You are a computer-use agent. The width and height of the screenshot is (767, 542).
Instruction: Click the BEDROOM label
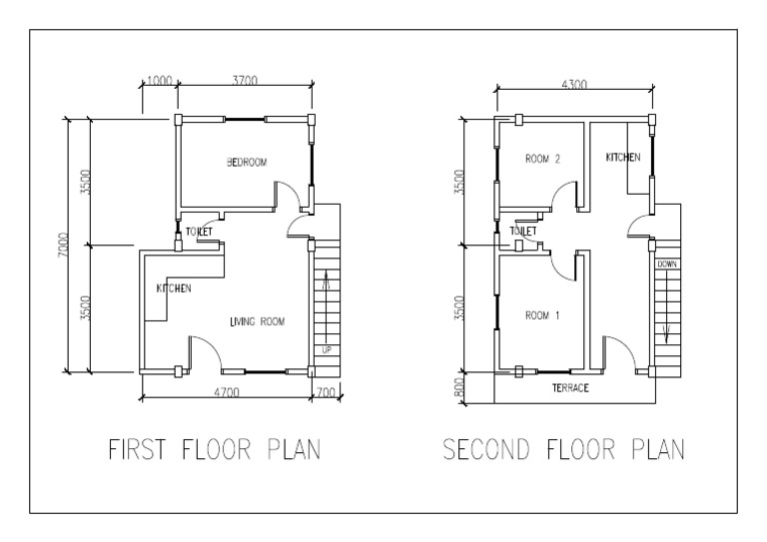click(x=247, y=162)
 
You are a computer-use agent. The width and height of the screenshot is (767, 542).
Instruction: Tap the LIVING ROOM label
click(x=258, y=321)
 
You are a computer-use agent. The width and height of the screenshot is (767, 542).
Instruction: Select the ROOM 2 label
click(x=543, y=159)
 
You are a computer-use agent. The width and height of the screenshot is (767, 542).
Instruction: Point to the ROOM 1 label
click(x=542, y=315)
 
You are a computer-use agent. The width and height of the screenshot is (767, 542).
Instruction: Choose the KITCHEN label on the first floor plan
click(x=174, y=288)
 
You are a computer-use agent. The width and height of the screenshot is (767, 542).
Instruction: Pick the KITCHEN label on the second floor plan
click(x=623, y=158)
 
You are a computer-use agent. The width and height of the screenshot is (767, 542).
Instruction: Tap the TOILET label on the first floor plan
click(x=199, y=232)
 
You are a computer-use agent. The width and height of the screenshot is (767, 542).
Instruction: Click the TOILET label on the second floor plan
click(x=523, y=231)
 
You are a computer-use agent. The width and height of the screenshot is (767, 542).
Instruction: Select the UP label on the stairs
click(x=326, y=349)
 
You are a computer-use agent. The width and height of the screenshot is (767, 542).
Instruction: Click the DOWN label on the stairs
click(x=666, y=264)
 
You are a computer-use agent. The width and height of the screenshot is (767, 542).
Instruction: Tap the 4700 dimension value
click(x=226, y=392)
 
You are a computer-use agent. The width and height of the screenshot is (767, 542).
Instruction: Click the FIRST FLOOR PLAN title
click(x=214, y=450)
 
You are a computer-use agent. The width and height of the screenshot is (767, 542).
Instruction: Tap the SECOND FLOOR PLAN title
click(x=564, y=450)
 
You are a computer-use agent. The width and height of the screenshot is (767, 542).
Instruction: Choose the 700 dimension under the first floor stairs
click(x=326, y=392)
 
